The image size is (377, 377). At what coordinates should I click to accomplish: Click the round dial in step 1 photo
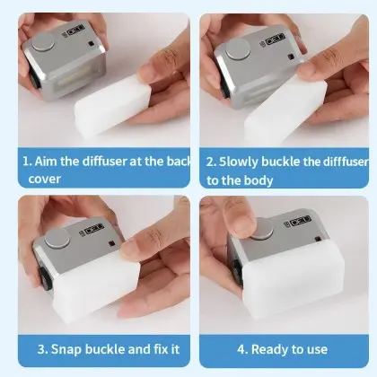tap(43, 42)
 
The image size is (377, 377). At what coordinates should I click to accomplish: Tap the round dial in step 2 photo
tap(238, 49)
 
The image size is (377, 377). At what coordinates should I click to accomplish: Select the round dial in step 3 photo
tap(57, 238)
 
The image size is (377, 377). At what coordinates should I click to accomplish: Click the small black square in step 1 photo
tap(91, 44)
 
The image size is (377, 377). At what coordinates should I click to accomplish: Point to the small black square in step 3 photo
tap(112, 243)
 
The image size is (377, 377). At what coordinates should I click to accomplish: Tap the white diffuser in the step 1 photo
tap(112, 105)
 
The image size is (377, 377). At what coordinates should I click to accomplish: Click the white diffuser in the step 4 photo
tap(294, 285)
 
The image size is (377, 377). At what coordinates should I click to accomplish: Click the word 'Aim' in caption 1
tap(46, 162)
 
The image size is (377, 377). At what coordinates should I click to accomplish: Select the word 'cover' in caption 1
tap(45, 179)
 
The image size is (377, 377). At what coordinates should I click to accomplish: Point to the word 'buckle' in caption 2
tap(281, 162)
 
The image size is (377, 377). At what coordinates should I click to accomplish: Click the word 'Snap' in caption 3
tap(66, 350)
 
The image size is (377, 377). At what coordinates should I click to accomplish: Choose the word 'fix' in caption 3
tap(162, 349)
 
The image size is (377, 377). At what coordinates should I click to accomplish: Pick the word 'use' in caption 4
tap(317, 350)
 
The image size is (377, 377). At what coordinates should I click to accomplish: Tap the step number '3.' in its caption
tap(42, 349)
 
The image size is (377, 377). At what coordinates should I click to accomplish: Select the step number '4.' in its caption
tap(242, 349)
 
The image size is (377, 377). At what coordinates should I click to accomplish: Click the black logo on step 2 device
tap(272, 39)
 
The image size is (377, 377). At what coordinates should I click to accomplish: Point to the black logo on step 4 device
tap(298, 221)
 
